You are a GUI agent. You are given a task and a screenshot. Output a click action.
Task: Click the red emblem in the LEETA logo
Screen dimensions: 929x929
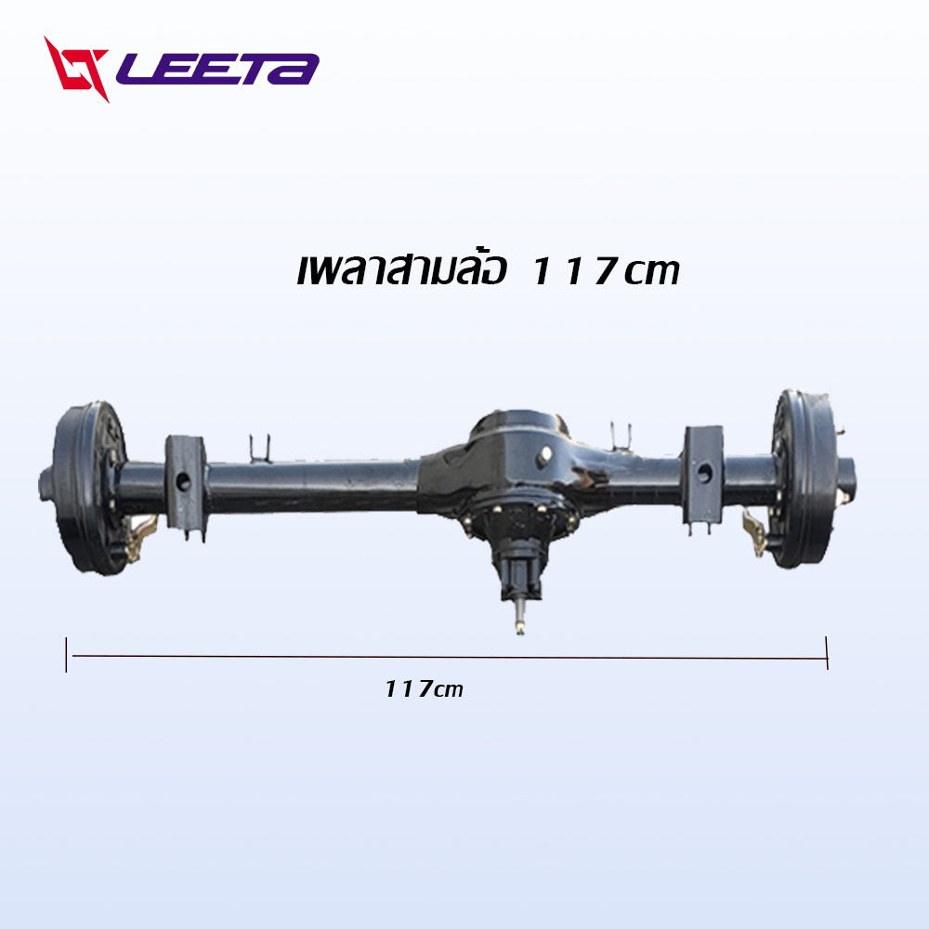76,69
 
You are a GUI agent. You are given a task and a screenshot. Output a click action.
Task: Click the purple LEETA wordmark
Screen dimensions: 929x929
217,70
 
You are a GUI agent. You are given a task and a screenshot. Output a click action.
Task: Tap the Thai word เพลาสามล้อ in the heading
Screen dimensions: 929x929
401,269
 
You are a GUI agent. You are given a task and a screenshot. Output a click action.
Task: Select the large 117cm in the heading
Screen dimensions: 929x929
605,272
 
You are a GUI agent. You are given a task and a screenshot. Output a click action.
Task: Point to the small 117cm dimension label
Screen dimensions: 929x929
424,689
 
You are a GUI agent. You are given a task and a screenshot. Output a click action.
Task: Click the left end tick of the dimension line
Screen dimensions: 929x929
66,655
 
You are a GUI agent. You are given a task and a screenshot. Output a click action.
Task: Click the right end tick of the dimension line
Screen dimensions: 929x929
827,653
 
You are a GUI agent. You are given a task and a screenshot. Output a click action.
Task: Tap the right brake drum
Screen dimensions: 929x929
803,478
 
